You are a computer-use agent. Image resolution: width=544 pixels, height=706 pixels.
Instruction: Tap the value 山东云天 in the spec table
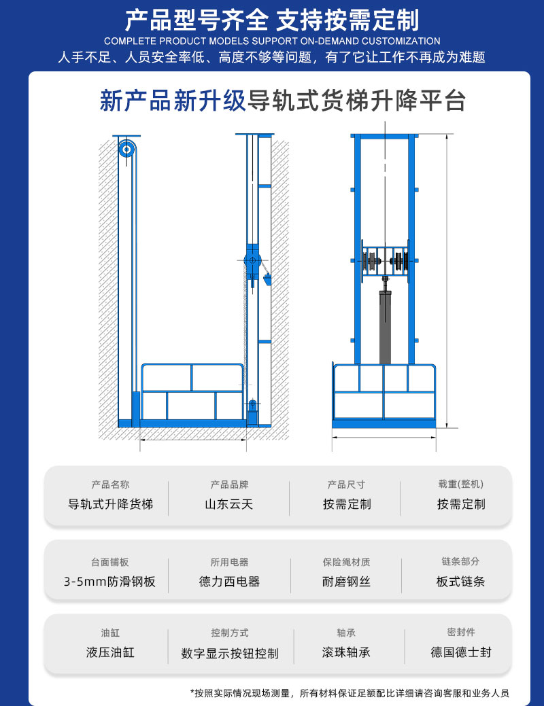point(229,505)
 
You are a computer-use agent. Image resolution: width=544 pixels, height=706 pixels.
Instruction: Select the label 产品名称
point(110,484)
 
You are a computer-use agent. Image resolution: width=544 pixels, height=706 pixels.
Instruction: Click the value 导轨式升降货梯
point(110,505)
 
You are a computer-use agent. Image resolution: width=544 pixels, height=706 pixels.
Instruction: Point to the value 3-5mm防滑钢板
point(109,582)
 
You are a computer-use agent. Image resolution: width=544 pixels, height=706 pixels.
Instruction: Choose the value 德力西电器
point(229,582)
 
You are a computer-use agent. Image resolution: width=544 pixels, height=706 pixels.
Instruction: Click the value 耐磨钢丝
point(346,582)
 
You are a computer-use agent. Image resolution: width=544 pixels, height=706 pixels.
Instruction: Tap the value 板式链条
point(460,582)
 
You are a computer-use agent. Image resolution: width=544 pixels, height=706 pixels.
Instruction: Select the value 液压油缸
point(110,652)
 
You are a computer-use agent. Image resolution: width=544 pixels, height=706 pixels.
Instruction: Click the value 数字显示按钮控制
point(230,654)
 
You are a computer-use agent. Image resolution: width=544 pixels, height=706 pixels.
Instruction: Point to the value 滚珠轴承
point(346,652)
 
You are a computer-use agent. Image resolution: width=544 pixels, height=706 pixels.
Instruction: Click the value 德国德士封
point(460,652)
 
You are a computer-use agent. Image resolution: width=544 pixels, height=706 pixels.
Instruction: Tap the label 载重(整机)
point(460,484)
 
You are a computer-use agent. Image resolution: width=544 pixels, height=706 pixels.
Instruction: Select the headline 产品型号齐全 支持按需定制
point(272,20)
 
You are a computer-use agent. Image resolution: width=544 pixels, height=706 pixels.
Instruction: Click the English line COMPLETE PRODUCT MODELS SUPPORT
point(272,41)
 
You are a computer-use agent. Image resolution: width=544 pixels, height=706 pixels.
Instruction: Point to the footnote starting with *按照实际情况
point(350,693)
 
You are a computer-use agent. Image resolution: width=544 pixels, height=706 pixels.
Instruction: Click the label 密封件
point(460,632)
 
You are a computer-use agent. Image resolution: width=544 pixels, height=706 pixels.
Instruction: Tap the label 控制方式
point(230,633)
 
